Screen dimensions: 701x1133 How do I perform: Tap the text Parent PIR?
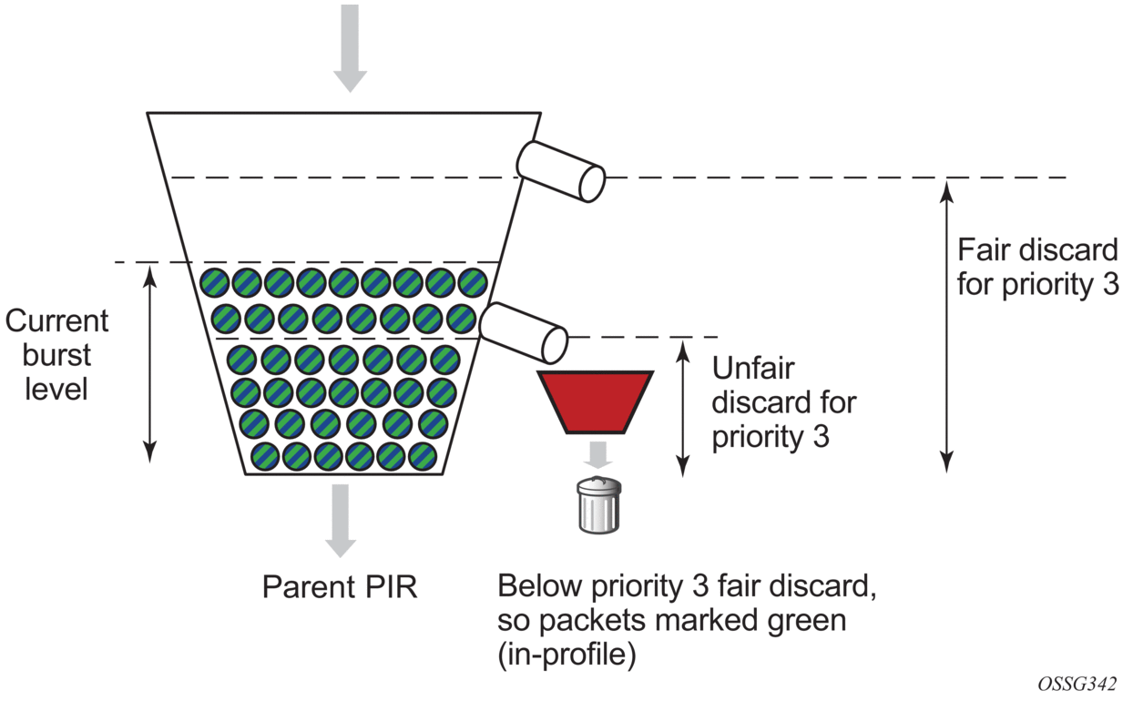[x=340, y=587]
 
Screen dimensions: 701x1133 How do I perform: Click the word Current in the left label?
[x=56, y=320]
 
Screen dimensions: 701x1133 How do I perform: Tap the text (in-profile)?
[x=566, y=655]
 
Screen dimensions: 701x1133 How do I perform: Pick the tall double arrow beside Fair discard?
[x=947, y=325]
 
